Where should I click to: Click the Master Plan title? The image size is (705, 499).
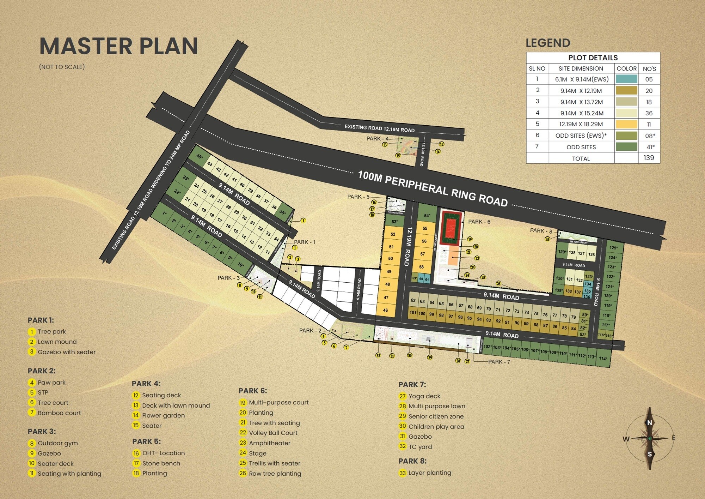118,46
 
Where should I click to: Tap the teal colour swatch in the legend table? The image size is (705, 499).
626,79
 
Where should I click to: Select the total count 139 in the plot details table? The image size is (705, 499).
649,158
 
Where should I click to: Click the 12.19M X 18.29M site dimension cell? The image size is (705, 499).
581,124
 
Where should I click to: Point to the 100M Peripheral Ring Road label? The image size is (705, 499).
433,189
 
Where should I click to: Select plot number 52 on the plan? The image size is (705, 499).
393,234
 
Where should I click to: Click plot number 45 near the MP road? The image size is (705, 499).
200,156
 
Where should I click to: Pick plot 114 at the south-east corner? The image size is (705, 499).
603,359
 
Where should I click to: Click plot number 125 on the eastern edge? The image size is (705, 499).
613,248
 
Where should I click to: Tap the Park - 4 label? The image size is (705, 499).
377,139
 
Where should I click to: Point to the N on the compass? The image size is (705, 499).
649,422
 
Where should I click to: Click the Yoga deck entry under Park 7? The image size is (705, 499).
424,396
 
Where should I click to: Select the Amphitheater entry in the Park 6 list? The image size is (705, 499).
270,443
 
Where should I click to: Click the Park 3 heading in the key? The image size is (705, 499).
42,432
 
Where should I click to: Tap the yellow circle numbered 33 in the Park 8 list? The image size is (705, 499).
403,473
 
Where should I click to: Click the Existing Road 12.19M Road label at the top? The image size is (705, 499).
379,128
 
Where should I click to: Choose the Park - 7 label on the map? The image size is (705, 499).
499,362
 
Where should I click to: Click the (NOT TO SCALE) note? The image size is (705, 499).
62,67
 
